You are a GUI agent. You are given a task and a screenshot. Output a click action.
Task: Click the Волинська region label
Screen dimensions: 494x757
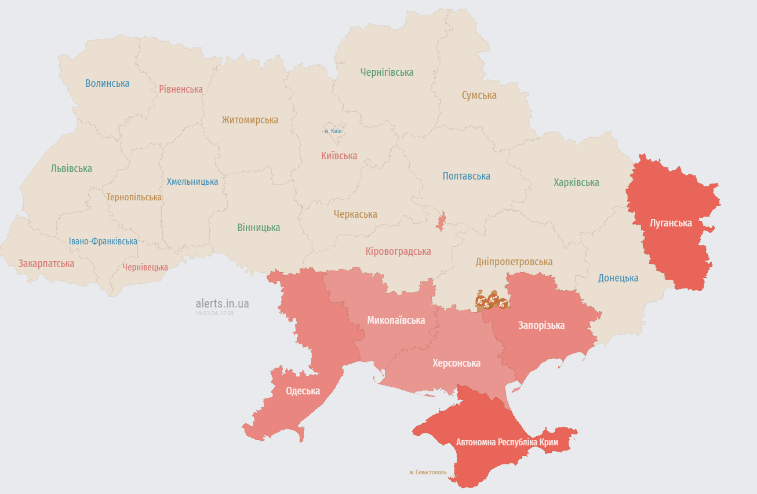[x=107, y=83]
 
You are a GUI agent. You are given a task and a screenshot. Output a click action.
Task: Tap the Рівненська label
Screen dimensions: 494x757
[x=181, y=89]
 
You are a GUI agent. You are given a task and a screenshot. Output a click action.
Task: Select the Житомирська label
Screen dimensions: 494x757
[x=250, y=120]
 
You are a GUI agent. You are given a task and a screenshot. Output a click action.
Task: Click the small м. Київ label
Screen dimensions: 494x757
[x=333, y=131]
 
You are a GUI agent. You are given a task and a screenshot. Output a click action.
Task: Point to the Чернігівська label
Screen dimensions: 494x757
[x=387, y=72]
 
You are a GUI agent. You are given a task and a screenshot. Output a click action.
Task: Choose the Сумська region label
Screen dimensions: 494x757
[x=479, y=96]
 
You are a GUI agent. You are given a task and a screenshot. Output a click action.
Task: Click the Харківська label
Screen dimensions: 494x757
[x=576, y=182]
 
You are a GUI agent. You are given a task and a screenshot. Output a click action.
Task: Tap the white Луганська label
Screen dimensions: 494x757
[x=671, y=223]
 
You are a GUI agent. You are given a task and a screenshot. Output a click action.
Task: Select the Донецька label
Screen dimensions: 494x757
[x=618, y=278]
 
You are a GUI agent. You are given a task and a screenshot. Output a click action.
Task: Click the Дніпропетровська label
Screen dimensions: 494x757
[x=514, y=262]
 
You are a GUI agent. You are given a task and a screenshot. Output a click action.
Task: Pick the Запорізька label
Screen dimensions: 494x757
[x=541, y=325]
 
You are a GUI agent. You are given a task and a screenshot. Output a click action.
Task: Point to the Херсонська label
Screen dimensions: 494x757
[x=456, y=363]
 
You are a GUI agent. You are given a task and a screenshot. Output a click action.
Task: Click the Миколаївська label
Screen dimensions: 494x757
[x=396, y=320]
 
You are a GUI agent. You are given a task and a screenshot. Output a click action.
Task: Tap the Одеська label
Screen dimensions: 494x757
[x=303, y=391]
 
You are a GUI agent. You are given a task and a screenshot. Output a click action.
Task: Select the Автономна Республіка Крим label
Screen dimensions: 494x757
[x=507, y=442]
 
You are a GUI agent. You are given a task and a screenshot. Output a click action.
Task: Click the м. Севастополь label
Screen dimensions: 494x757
[x=428, y=473]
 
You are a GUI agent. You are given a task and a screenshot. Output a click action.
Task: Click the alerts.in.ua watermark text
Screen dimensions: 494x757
[x=223, y=303]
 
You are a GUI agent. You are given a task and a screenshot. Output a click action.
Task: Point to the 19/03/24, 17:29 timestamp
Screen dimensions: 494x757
[x=214, y=313]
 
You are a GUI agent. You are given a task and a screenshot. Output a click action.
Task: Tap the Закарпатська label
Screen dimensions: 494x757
[x=46, y=264]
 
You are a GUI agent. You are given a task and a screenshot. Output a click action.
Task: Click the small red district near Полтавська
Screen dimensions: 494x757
[x=442, y=222]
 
